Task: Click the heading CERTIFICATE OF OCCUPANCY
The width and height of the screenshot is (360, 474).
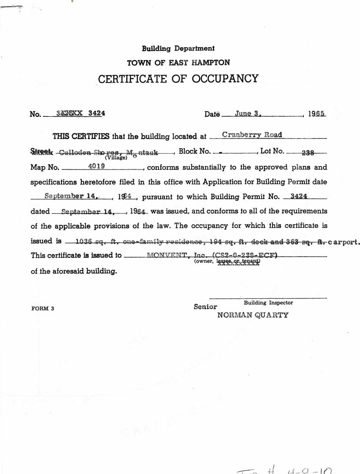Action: [178, 79]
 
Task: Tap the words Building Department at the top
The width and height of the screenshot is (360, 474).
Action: [178, 49]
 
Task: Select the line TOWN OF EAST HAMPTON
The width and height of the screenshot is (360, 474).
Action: [178, 63]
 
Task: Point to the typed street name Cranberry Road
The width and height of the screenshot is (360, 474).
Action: [252, 135]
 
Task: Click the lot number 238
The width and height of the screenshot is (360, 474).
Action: [307, 152]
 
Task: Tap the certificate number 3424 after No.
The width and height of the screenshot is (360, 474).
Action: [96, 113]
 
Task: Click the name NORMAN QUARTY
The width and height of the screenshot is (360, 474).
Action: [252, 315]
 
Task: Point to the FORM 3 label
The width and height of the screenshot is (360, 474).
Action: [43, 308]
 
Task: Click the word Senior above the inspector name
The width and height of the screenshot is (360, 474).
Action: [205, 307]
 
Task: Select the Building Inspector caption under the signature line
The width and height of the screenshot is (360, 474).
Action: [268, 302]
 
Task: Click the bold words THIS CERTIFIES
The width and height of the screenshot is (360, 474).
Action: [81, 136]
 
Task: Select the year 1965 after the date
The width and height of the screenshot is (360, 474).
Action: [317, 114]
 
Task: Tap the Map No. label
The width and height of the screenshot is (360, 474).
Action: [44, 167]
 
